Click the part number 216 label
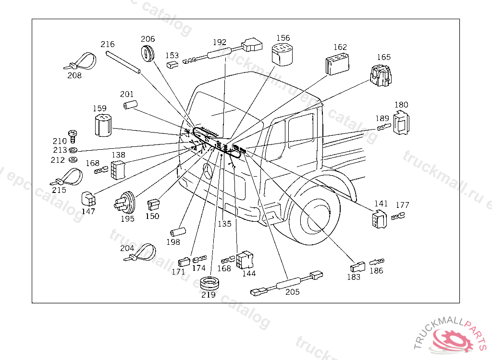[x=108, y=44]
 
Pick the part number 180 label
[x=401, y=105]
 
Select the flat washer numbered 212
[x=74, y=159]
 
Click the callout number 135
[x=224, y=224]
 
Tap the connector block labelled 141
[x=380, y=218]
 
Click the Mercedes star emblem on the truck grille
[x=208, y=171]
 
